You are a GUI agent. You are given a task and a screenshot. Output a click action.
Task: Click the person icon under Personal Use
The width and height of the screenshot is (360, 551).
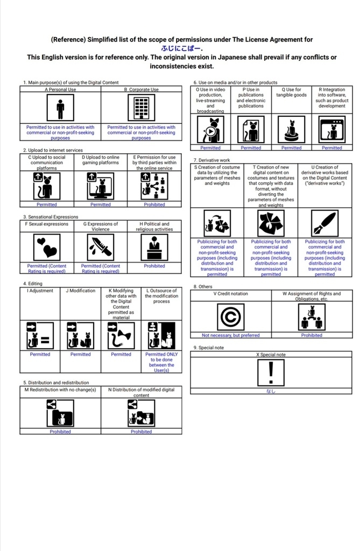60,109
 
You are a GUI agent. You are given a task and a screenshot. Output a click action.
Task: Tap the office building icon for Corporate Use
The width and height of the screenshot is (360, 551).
141,109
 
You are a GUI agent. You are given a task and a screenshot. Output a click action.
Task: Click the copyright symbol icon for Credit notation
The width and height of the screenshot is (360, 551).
230,318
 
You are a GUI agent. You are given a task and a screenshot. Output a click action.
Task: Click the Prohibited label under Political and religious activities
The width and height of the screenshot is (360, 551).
154,266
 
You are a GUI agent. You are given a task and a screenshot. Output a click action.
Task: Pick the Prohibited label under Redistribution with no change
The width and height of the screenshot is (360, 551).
60,432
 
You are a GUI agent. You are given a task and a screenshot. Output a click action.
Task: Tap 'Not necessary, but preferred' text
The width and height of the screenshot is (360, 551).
230,335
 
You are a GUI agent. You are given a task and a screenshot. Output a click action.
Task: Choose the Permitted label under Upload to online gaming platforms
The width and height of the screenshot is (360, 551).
101,204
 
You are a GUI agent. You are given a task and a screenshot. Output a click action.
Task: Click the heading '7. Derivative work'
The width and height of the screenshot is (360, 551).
211,160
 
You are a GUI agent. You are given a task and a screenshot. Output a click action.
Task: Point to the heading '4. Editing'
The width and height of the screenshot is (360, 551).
33,283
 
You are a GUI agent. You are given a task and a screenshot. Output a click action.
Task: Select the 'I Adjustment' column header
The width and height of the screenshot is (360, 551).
40,291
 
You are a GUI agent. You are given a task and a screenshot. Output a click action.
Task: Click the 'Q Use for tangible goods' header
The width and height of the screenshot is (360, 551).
291,93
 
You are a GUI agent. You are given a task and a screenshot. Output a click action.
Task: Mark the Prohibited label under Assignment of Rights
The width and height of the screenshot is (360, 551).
312,335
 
